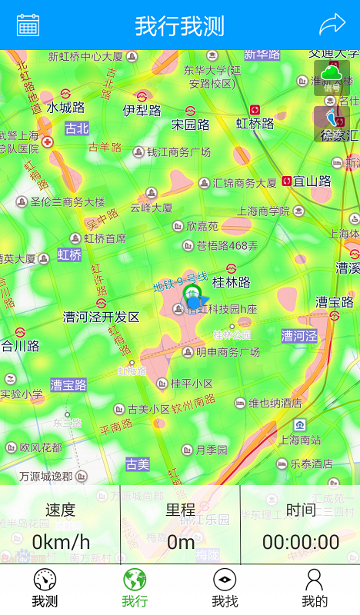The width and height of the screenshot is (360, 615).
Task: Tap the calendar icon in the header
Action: pos(28,25)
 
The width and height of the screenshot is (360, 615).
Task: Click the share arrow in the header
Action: pos(332,25)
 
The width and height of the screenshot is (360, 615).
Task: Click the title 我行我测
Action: pos(180,25)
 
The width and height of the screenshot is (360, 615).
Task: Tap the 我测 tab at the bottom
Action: pos(45,589)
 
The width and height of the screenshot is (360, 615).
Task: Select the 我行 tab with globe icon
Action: pos(135,589)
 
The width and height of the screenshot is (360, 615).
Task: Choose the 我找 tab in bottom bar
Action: pos(225,589)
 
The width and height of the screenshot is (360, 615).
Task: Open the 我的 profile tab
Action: pos(315,589)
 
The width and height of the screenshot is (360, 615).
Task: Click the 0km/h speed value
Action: pos(61,542)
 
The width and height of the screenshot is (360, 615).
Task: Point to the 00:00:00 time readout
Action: pos(301,542)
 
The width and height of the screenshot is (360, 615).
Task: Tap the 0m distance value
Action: pos(181,542)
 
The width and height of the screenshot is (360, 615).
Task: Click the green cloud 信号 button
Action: pos(332,78)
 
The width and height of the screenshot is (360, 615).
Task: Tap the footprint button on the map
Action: pos(332,123)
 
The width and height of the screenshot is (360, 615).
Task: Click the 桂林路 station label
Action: pos(232,282)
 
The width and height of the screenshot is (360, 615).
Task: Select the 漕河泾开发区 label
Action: pos(101,317)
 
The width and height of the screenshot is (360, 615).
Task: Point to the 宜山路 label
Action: pos(312,181)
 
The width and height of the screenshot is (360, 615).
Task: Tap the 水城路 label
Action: pos(65,108)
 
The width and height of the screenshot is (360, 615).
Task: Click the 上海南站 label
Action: pos(300,440)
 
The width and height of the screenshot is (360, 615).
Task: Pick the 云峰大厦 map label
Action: pos(152,208)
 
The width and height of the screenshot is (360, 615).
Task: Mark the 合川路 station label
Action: pos(20,346)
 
